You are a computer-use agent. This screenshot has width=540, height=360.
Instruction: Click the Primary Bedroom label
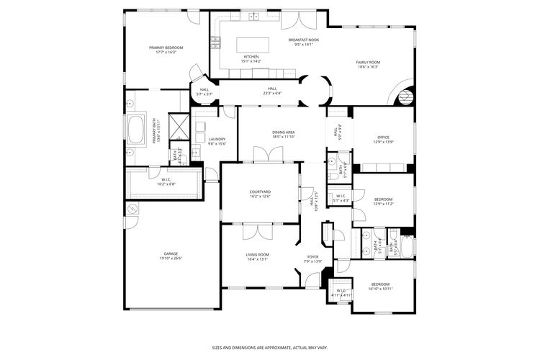(x=166, y=48)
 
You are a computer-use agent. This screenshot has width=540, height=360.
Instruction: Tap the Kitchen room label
(x=251, y=56)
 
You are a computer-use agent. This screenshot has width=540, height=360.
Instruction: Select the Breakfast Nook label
(x=303, y=40)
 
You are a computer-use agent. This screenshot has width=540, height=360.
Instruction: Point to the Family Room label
(x=368, y=62)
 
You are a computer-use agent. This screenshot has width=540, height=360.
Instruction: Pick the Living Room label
(x=257, y=254)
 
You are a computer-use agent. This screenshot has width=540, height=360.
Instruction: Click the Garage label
(x=171, y=254)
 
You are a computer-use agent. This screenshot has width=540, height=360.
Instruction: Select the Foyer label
(x=313, y=256)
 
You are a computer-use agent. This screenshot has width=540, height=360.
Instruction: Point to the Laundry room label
(x=217, y=139)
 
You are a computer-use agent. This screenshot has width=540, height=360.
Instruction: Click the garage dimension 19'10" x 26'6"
(x=171, y=259)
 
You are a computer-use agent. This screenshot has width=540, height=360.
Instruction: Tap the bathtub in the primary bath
(x=136, y=131)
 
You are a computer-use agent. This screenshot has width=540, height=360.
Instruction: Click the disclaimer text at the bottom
(x=269, y=346)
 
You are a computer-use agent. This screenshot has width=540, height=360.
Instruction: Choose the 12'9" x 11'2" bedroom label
(x=383, y=199)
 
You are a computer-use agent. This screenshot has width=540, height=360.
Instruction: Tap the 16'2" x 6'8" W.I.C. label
(x=166, y=180)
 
